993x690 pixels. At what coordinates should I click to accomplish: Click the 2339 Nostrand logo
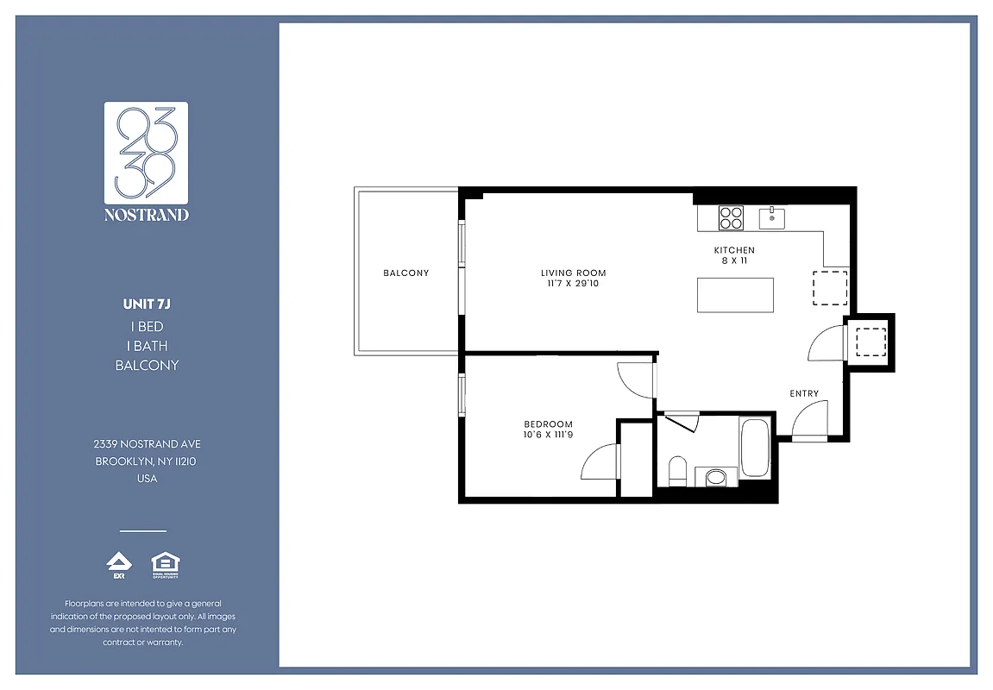click(x=146, y=161)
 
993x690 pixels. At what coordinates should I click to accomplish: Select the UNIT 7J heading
click(x=147, y=304)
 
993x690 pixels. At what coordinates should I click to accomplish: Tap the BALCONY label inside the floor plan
click(x=405, y=273)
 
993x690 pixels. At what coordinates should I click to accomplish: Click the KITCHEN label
click(x=733, y=251)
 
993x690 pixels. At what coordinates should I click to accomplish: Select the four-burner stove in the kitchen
click(x=732, y=217)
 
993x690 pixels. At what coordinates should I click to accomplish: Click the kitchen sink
click(x=771, y=218)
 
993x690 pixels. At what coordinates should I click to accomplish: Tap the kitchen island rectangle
click(x=735, y=296)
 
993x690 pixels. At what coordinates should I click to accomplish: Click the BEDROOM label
click(x=548, y=423)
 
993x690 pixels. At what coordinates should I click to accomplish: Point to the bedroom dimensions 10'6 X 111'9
click(x=548, y=434)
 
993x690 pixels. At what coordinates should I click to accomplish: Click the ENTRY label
click(x=804, y=394)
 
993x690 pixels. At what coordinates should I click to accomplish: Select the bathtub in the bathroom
click(x=755, y=447)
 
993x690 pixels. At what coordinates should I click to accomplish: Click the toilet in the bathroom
click(x=677, y=471)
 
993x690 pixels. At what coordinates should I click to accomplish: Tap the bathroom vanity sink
click(x=715, y=477)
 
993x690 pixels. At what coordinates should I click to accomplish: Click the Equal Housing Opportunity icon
click(x=165, y=565)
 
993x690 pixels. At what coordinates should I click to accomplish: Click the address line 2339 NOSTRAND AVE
click(x=147, y=444)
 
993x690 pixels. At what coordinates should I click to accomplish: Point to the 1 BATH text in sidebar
click(x=147, y=346)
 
